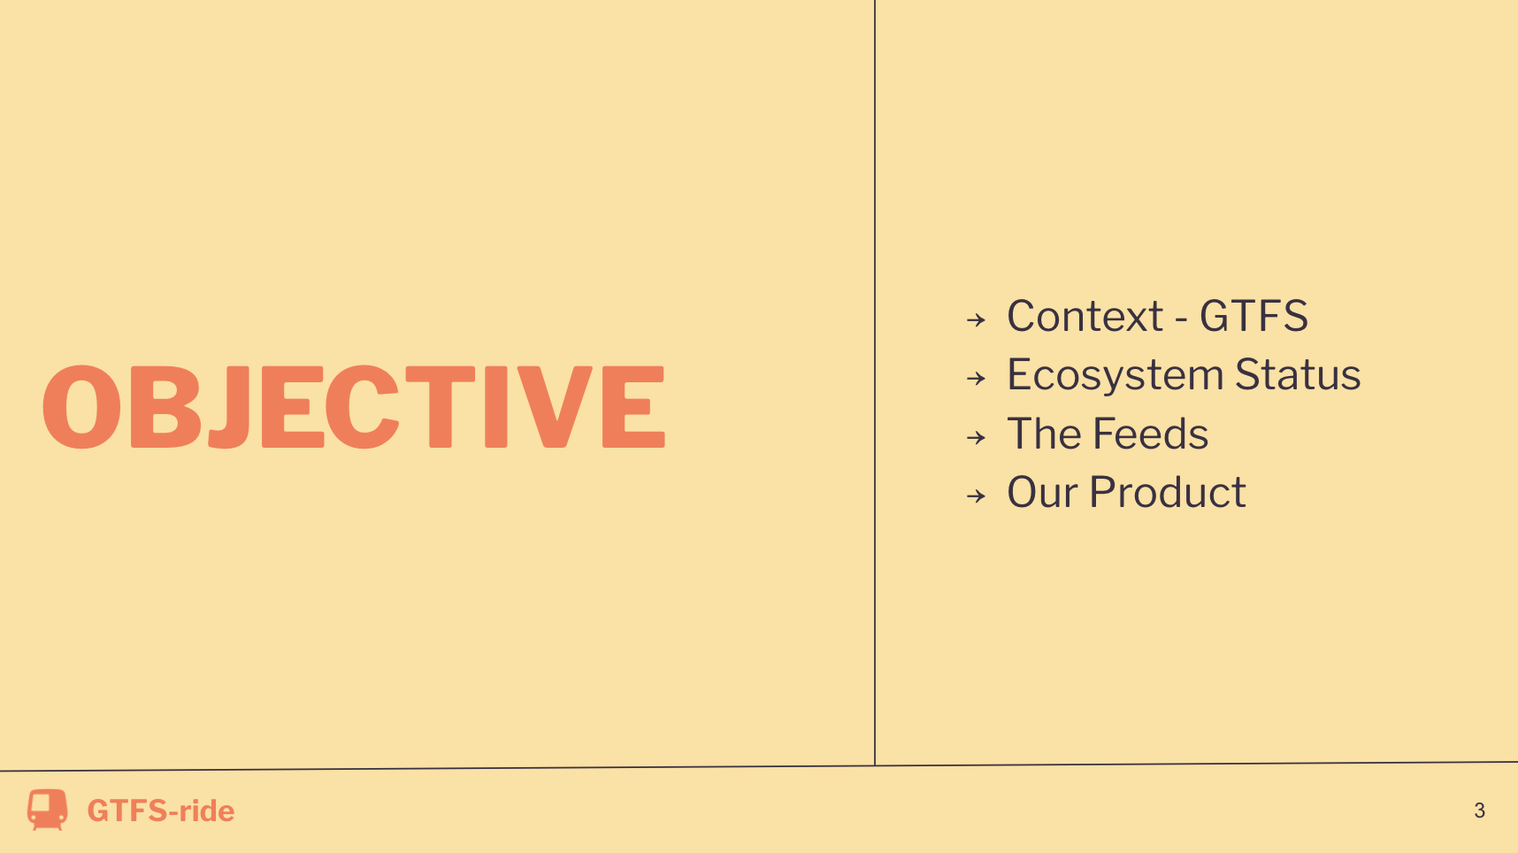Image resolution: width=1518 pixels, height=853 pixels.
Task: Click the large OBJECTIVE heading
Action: click(x=354, y=406)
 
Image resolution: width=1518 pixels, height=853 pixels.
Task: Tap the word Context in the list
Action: click(x=1085, y=316)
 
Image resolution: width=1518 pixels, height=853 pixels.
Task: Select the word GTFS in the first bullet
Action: click(x=1253, y=316)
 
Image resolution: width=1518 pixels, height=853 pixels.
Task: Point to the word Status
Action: click(x=1298, y=374)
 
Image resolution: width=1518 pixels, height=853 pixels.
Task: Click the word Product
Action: click(x=1168, y=492)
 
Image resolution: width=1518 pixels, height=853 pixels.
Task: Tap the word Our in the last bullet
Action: click(x=1043, y=492)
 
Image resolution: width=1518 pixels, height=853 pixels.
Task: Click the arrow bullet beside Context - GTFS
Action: click(x=976, y=319)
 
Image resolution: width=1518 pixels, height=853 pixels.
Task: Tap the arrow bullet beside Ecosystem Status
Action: click(x=976, y=379)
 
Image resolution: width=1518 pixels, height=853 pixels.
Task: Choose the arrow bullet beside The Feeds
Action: click(x=976, y=437)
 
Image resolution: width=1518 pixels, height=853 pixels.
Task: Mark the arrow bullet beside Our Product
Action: click(x=976, y=496)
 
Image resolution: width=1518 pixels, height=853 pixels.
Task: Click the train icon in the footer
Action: click(x=47, y=810)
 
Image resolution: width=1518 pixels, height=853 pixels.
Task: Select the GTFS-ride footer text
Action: click(x=161, y=811)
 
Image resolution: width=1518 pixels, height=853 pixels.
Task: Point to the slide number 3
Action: click(x=1479, y=811)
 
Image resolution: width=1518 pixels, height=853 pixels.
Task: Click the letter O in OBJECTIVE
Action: click(x=81, y=407)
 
